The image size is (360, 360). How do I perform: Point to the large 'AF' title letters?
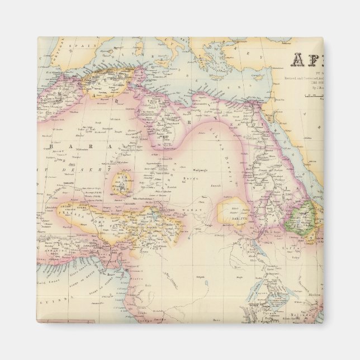[x=306, y=60]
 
